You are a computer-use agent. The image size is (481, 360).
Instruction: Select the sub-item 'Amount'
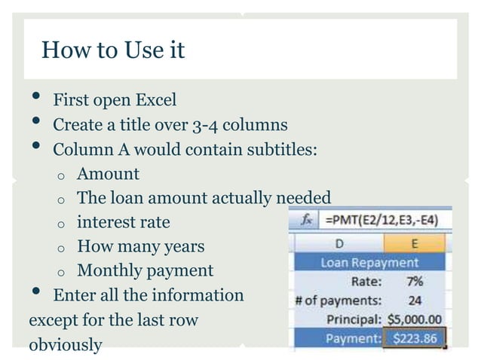(x=108, y=174)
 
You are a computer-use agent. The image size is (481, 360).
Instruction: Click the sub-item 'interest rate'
(x=124, y=222)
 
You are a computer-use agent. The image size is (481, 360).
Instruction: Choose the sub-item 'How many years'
(x=140, y=246)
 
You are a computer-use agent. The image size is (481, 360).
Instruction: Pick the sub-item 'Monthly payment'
(x=145, y=270)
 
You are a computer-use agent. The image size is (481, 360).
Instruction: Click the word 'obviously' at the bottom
(x=65, y=344)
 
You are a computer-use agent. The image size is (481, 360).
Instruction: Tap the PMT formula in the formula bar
(x=381, y=220)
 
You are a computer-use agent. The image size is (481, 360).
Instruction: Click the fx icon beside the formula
(x=307, y=220)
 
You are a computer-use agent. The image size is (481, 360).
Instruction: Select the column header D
(x=339, y=244)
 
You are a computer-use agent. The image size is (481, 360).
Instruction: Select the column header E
(x=415, y=244)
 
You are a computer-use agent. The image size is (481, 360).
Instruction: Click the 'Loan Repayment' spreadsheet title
(x=369, y=263)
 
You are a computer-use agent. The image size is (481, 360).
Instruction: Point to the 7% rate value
(x=414, y=282)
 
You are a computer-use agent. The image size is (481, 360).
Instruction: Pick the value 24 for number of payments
(x=415, y=301)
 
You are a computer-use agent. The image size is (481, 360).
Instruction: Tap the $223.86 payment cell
(x=415, y=337)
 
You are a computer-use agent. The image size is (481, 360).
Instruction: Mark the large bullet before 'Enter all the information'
(x=35, y=293)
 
